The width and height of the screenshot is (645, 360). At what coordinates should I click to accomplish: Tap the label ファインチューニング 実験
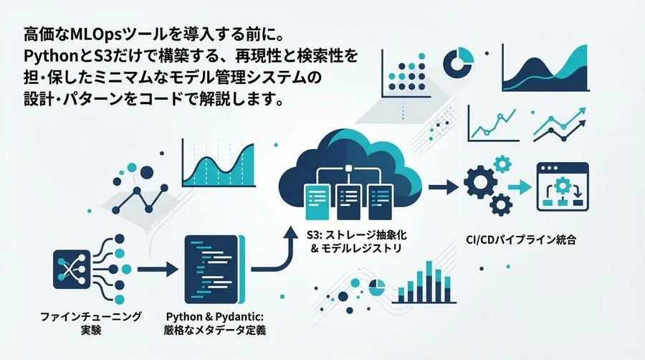(91, 323)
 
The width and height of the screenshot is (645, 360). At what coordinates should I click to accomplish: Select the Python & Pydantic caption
(214, 323)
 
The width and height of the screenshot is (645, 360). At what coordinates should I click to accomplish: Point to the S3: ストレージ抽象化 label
(357, 235)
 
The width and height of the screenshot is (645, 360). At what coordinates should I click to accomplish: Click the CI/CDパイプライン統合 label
(521, 240)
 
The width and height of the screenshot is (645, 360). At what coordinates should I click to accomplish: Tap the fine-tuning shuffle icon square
(72, 270)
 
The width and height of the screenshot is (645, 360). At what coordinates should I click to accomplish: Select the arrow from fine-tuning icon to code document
(158, 270)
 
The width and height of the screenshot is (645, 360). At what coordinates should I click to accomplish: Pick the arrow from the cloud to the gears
(444, 187)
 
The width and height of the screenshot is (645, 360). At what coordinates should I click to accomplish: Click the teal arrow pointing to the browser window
(520, 187)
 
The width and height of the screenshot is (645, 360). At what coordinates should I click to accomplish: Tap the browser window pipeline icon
(563, 187)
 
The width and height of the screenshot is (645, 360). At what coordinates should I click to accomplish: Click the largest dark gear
(480, 182)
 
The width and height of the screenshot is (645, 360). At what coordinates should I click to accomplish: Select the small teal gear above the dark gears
(502, 164)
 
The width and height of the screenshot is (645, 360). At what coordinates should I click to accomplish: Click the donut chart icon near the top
(458, 62)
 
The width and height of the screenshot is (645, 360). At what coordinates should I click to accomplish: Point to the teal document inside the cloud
(317, 202)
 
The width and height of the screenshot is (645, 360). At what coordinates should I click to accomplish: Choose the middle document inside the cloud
(349, 202)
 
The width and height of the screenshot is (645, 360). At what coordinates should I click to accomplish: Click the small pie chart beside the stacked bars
(377, 288)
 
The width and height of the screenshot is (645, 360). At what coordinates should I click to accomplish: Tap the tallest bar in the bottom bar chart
(429, 281)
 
